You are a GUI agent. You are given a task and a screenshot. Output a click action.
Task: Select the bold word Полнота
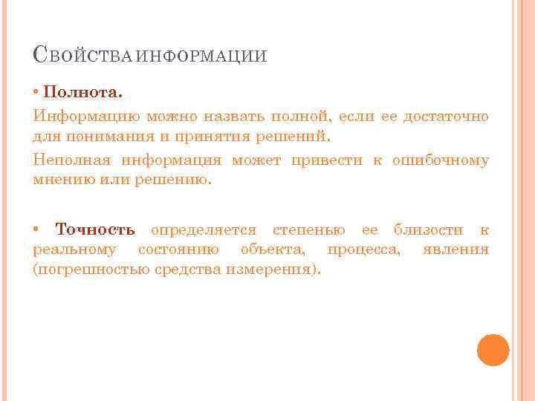point(82,94)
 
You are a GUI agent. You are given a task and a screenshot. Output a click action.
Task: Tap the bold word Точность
point(95,230)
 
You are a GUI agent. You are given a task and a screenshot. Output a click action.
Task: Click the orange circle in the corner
point(493,350)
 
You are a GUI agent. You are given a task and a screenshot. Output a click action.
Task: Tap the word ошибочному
point(441,160)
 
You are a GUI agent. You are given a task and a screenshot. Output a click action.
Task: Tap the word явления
point(455,250)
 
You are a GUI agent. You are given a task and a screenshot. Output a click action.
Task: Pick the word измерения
point(278,270)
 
